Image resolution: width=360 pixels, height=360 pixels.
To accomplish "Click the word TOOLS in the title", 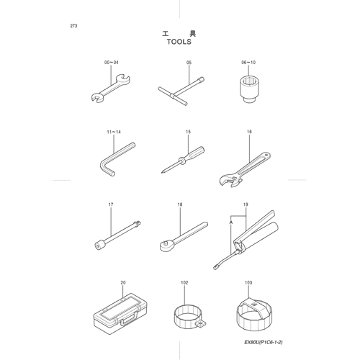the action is coord(179,42).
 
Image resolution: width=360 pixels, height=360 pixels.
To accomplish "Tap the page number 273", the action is coord(73,26).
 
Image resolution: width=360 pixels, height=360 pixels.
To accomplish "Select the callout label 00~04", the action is coord(112,63).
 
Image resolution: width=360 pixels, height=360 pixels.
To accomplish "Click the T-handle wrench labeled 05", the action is coord(181,91).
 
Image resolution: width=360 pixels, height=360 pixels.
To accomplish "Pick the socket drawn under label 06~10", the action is coord(248,89).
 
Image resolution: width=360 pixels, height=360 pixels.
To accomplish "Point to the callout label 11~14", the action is coord(114,132).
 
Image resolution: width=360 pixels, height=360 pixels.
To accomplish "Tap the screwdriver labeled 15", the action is coord(183,160).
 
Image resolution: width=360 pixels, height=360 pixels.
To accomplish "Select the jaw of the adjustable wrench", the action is coord(229,181).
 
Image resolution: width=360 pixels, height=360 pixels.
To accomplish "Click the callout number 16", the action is coord(249,132).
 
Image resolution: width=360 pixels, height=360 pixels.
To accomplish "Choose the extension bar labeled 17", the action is coord(117,235).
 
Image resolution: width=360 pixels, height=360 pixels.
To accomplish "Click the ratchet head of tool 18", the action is coord(166,246).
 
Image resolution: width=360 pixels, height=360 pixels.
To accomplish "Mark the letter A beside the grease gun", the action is coord(231,222).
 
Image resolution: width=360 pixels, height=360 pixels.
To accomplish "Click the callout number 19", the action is coord(246,204).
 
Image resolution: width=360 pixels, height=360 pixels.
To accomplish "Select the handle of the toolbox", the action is coord(129,318).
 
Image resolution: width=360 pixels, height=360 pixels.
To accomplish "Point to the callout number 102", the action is coord(184,283).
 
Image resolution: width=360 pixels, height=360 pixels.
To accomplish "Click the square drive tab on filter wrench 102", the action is coord(200,324).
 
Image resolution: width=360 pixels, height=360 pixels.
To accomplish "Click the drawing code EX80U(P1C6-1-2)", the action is coord(264,342).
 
